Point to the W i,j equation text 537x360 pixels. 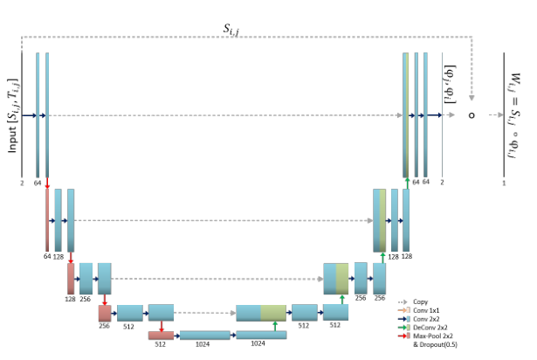click(x=513, y=114)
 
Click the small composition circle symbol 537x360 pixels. click(x=471, y=114)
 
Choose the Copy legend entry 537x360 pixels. click(x=421, y=301)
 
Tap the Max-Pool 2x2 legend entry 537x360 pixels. click(x=434, y=335)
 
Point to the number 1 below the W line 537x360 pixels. click(x=504, y=183)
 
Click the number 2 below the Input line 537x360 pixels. click(x=20, y=183)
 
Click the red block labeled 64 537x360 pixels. click(x=47, y=218)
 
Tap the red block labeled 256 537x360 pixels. click(x=105, y=312)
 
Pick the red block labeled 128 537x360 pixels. click(x=71, y=278)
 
